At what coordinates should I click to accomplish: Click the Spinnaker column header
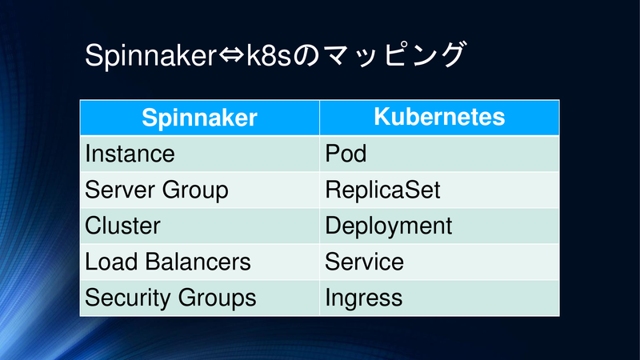tap(199, 118)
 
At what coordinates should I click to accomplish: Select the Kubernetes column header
tap(439, 117)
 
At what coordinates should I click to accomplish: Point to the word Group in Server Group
tap(195, 191)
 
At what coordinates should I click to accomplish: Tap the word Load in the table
tap(111, 262)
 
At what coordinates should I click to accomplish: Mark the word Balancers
tap(198, 262)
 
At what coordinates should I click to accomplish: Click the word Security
tap(128, 298)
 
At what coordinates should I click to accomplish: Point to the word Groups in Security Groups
tap(217, 298)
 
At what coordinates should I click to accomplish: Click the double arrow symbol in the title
tap(231, 55)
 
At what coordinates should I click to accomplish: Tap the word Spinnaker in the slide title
tap(150, 55)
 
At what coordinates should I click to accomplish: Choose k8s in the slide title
tap(269, 55)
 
